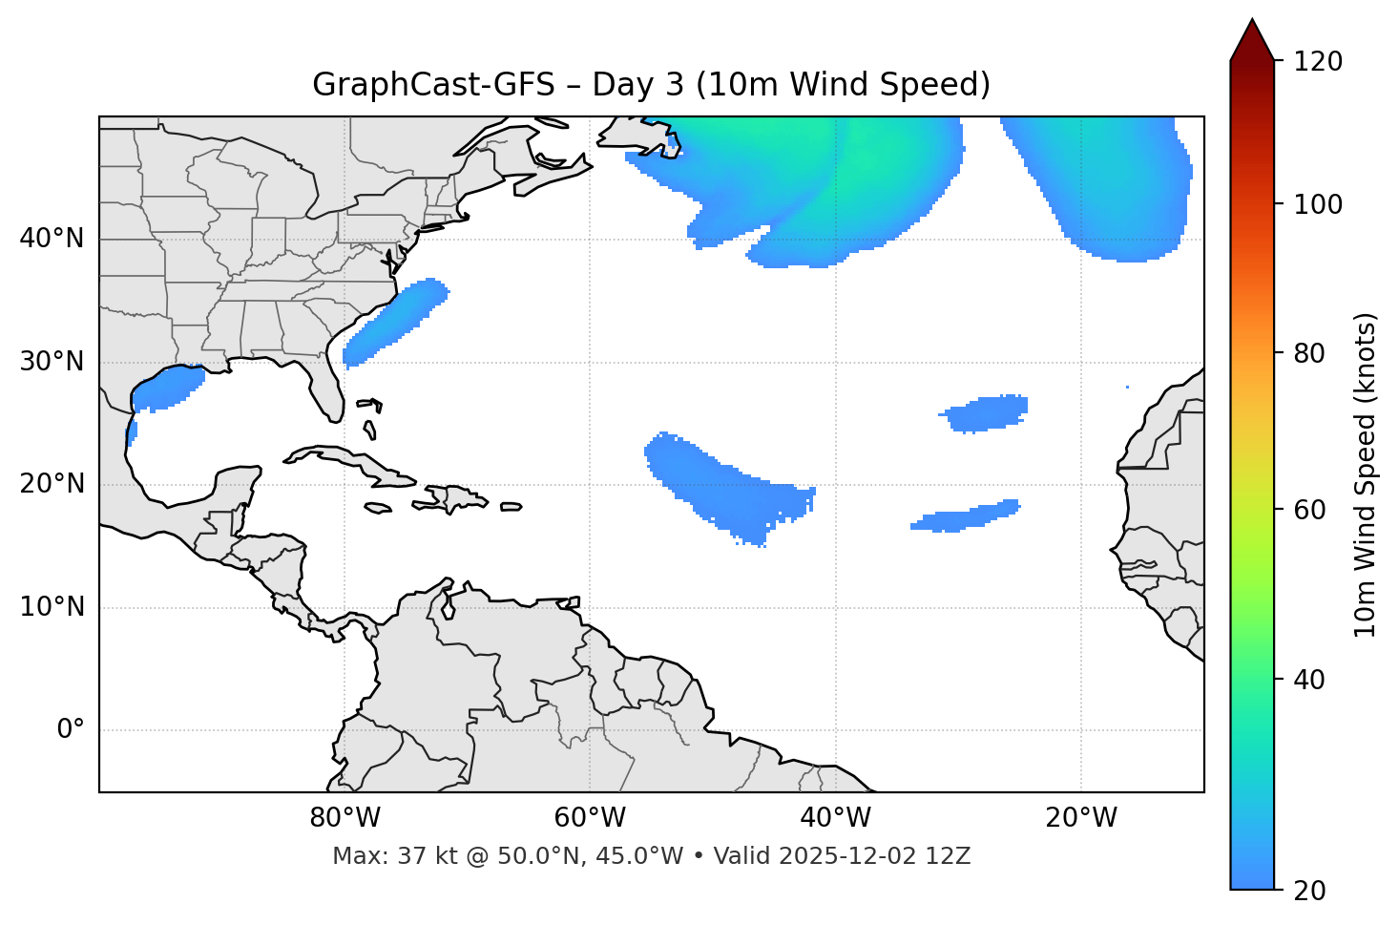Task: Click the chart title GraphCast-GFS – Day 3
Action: (651, 85)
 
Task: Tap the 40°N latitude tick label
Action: (52, 239)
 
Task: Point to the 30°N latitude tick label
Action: (52, 362)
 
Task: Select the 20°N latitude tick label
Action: (52, 484)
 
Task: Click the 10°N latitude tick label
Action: (52, 607)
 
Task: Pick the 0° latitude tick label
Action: (70, 730)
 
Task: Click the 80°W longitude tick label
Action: (345, 818)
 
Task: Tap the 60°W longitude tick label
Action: (590, 818)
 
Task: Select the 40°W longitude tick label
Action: (835, 818)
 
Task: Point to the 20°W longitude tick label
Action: (1080, 818)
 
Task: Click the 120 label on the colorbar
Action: (1318, 62)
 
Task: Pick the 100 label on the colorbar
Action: (1318, 204)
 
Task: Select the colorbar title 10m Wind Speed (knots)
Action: (1366, 475)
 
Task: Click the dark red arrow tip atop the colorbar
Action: (1252, 38)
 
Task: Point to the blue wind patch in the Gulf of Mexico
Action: (167, 389)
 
